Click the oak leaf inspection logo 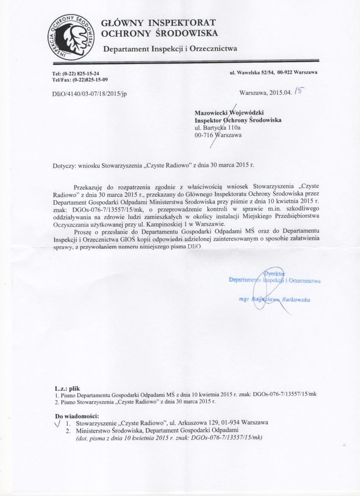(x=71, y=37)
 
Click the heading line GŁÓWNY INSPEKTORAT (x=158, y=22)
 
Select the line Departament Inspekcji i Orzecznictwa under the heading (x=170, y=49)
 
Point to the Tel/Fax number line (x=80, y=80)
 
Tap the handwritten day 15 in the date (x=300, y=90)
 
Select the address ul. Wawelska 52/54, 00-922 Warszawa (x=273, y=72)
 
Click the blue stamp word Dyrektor (x=274, y=273)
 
